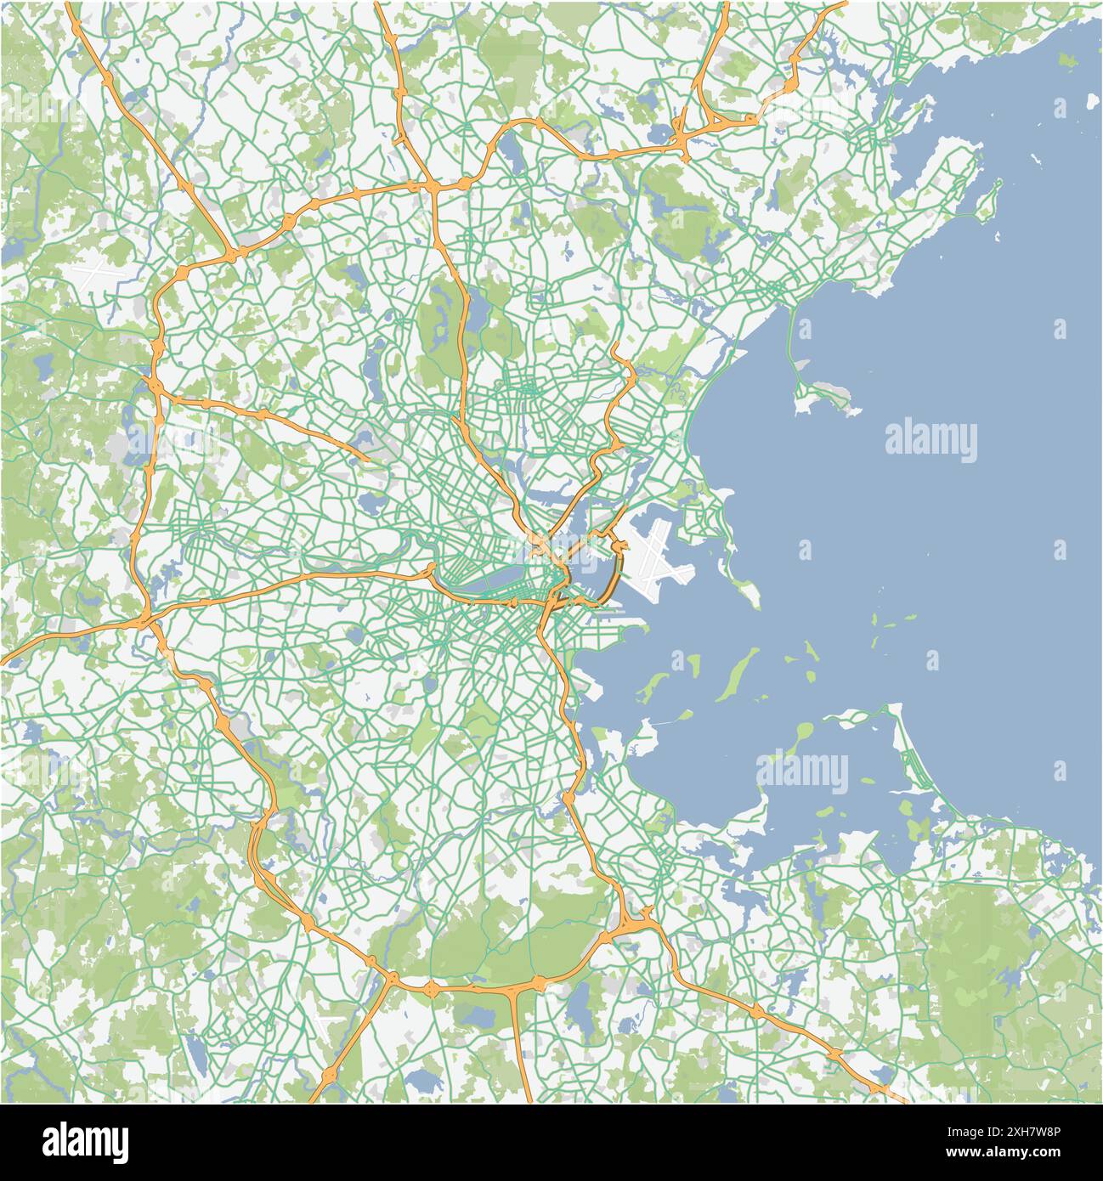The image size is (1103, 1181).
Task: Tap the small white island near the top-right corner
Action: point(1060,107)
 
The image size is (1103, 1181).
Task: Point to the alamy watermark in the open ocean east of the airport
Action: point(930,440)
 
